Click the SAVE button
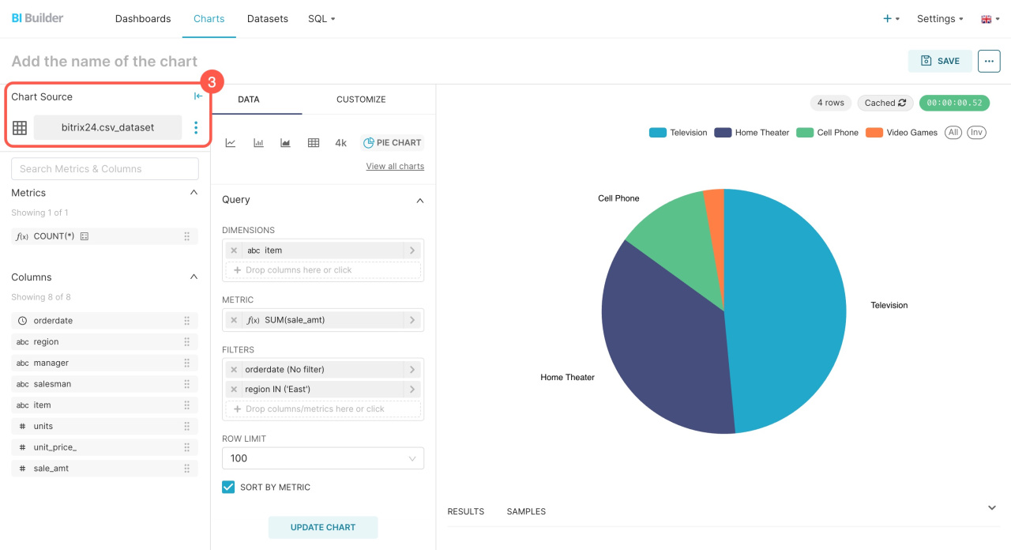[940, 61]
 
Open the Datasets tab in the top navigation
[267, 18]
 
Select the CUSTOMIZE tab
[361, 100]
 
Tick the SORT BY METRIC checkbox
[228, 487]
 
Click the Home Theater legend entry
[751, 132]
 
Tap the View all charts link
[395, 166]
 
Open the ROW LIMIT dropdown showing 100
[323, 458]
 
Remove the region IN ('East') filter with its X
[234, 390]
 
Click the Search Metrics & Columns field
[105, 169]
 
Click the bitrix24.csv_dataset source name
[108, 127]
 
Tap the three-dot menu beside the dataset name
[196, 127]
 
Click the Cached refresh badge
[885, 103]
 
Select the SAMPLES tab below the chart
[526, 511]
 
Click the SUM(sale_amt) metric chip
[323, 320]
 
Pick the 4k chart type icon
[340, 143]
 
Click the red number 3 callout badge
[212, 81]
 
